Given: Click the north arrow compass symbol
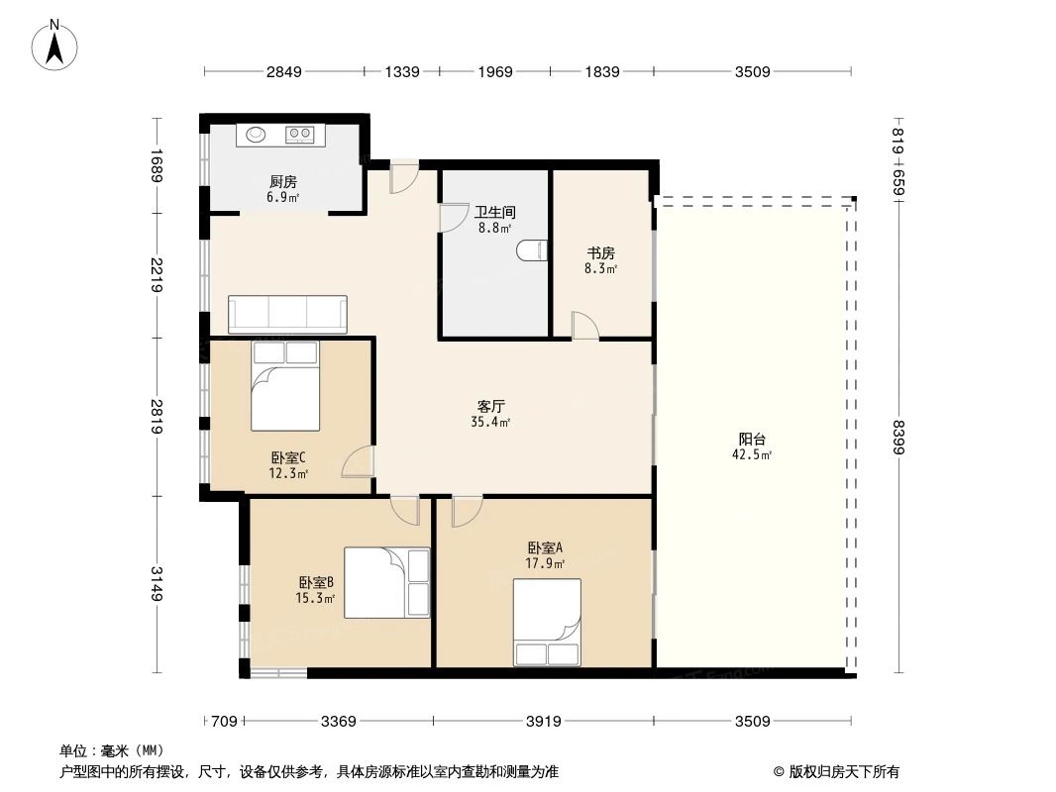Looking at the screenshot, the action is (x=54, y=46).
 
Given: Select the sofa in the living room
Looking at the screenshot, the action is (x=287, y=314).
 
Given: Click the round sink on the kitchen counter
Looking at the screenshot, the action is (x=256, y=135).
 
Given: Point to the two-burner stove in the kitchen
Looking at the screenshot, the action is (x=300, y=135).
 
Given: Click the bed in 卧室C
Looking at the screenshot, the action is (x=285, y=385).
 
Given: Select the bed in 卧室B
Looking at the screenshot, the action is (x=386, y=583).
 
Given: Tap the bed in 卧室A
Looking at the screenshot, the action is (x=547, y=623).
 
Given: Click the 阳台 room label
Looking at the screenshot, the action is (x=752, y=439).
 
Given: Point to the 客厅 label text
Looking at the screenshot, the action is (x=491, y=407).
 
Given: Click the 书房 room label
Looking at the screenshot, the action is (x=600, y=253).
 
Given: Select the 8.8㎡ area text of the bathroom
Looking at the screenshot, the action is (x=495, y=228).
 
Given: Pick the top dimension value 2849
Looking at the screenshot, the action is (x=284, y=71).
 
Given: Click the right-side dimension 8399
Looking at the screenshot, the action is (x=898, y=438).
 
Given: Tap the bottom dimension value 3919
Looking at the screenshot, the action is (x=544, y=722).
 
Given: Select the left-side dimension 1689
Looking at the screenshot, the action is (x=157, y=165).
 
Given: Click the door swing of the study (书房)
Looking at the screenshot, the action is (x=584, y=325).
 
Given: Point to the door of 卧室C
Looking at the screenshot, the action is (x=358, y=461).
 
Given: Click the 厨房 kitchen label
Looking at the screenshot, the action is (x=283, y=182).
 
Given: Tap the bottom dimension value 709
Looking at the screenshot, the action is (x=224, y=722).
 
